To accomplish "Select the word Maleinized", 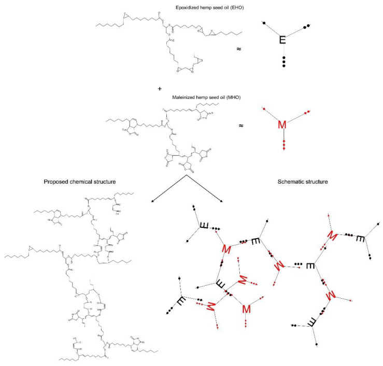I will tap(183, 96).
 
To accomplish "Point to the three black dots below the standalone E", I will tap(282, 63).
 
